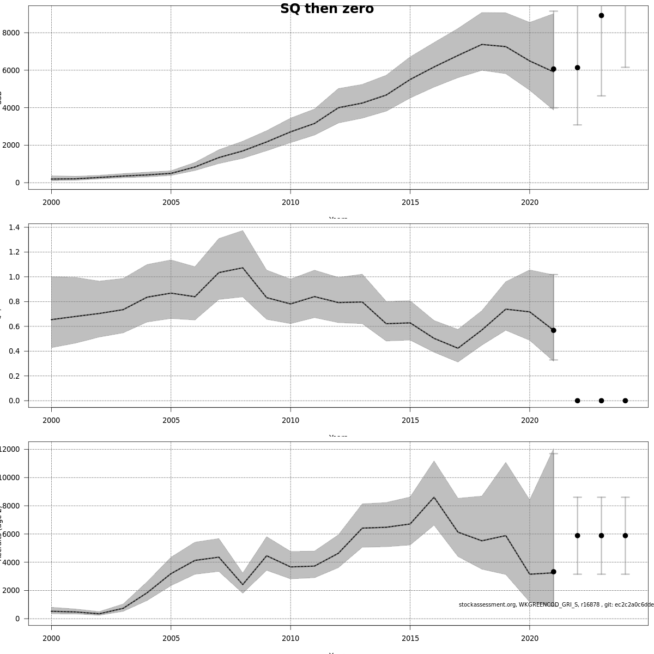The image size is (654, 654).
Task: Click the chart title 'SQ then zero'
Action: click(327, 9)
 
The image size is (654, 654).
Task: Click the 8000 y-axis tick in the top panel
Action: click(11, 33)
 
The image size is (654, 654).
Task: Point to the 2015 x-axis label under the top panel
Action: click(410, 202)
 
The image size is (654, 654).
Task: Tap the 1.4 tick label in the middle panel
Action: click(15, 227)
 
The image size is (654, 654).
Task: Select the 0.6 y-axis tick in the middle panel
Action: click(15, 326)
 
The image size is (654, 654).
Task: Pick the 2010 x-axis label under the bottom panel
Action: click(290, 638)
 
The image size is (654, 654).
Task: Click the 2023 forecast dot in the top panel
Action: click(601, 15)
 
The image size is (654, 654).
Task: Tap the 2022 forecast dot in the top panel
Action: click(577, 68)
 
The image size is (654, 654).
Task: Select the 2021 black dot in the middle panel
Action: click(553, 330)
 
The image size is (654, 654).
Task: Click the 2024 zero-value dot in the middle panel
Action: click(625, 401)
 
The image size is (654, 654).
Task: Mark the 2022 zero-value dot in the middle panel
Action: click(577, 401)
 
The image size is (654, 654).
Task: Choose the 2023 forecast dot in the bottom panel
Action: click(601, 535)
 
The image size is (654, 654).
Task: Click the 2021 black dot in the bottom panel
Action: click(553, 572)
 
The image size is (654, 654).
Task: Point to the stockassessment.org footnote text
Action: click(556, 604)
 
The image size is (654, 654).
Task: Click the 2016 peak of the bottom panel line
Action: click(434, 497)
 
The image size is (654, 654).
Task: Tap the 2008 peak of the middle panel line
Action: click(243, 268)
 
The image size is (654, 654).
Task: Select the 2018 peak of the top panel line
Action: click(482, 44)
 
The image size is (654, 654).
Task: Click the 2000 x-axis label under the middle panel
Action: click(51, 420)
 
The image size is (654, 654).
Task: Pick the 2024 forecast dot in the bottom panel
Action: click(625, 535)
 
